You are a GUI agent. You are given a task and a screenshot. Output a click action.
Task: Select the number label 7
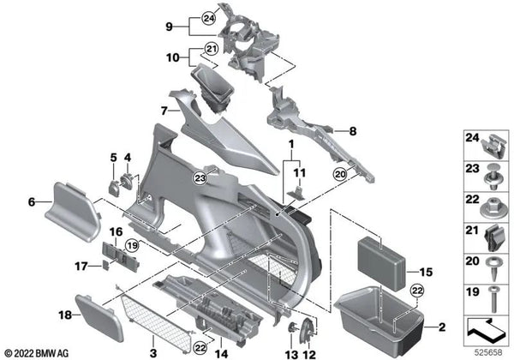coord(163,111)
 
